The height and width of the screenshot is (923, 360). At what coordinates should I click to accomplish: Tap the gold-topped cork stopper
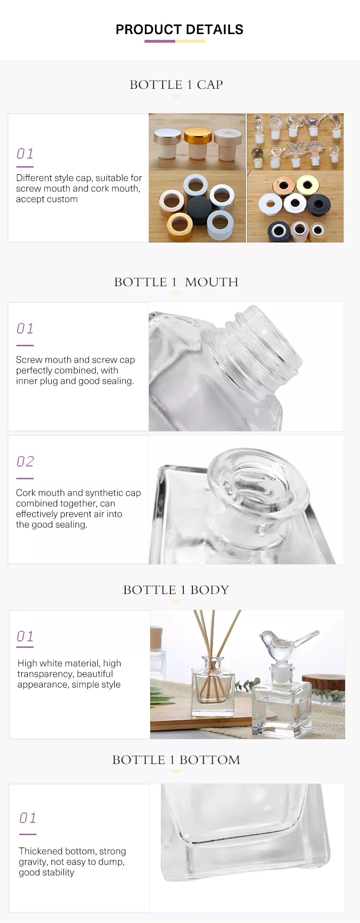tap(198, 143)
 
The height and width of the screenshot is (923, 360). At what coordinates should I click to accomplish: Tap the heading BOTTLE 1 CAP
tap(176, 85)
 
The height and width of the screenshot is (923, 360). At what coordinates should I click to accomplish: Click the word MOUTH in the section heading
tap(212, 282)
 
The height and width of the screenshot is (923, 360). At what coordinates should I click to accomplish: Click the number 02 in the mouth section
tap(25, 461)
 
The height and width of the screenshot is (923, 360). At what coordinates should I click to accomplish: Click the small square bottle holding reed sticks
tap(213, 686)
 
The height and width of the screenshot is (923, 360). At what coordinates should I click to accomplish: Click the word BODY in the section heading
tap(210, 590)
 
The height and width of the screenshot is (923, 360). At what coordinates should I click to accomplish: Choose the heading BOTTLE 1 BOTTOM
tap(176, 760)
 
